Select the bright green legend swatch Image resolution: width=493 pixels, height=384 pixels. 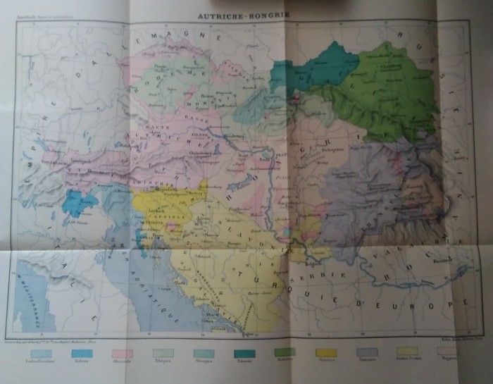click(x=285, y=352)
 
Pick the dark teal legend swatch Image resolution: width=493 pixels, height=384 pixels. click(x=244, y=352)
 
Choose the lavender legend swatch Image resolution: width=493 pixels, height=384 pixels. click(x=367, y=352)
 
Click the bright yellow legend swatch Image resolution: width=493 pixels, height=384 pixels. click(x=326, y=352)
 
